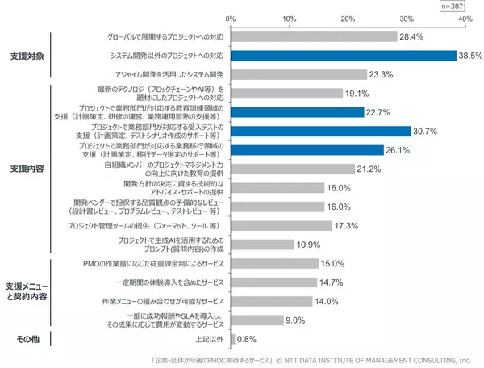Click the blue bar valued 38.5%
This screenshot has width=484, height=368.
coord(344,56)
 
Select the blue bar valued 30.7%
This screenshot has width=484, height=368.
coord(321,131)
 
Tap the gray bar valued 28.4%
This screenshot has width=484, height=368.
coord(314,36)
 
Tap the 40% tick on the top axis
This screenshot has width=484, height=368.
coord(465,18)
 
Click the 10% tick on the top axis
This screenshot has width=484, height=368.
coord(290,18)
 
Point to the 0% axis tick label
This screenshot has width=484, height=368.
coord(231,18)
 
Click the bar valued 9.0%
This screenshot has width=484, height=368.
coord(257,320)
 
